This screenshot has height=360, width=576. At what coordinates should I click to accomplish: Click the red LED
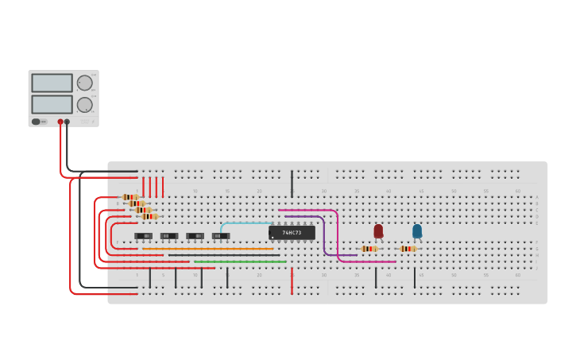(378, 230)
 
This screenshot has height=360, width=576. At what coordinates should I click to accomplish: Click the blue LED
(417, 230)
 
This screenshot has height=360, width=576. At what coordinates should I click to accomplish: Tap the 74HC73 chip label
(292, 233)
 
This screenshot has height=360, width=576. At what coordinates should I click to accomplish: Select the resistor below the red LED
(369, 249)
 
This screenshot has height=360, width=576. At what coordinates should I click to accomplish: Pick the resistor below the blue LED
(408, 249)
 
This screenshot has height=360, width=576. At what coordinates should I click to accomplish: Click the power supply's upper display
(52, 83)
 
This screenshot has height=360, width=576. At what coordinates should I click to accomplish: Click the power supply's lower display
(52, 104)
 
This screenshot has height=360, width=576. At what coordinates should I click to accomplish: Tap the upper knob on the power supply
(84, 83)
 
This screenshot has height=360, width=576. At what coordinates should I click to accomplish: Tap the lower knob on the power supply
(84, 104)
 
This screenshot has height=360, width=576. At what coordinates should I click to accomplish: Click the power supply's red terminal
(60, 122)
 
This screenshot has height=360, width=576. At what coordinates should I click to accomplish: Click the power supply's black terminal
(67, 122)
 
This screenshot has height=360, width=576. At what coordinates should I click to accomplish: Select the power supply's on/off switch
(37, 122)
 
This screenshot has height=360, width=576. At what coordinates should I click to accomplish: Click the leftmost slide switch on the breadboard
(144, 236)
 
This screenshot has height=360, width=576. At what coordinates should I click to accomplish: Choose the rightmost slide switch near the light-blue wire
(220, 236)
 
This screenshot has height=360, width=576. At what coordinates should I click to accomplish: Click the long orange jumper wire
(207, 249)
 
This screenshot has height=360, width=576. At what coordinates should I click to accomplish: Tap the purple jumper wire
(323, 234)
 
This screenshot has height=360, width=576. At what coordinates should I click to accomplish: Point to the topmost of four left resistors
(130, 197)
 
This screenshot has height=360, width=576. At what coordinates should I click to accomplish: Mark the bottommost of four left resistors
(149, 216)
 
